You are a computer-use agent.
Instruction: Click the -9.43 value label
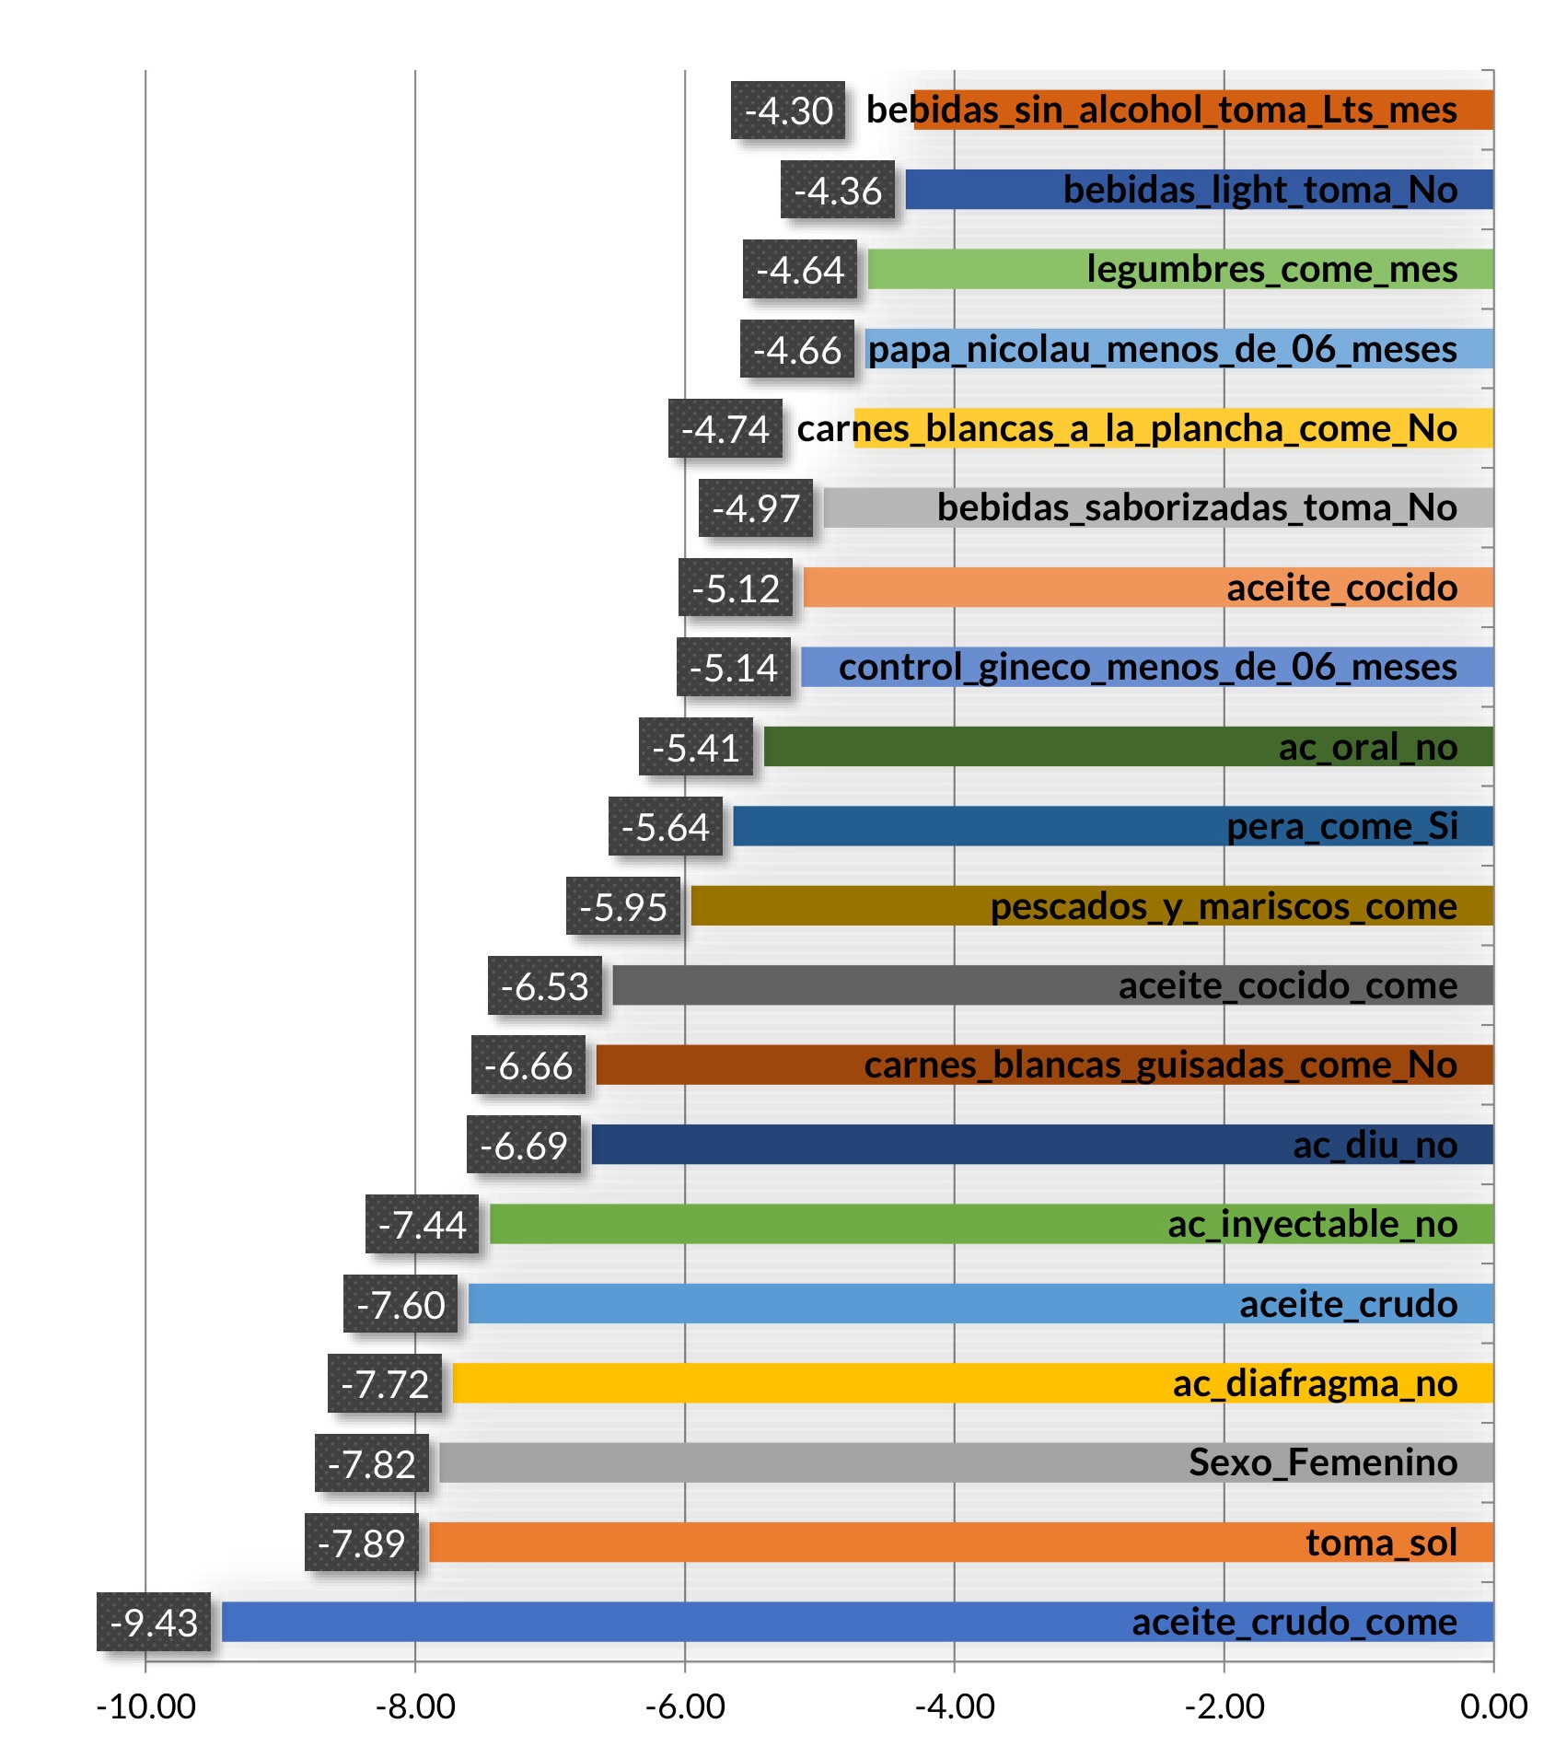(154, 1623)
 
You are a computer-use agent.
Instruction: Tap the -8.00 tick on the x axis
(415, 1706)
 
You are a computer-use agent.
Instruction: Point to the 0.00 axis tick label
(1493, 1706)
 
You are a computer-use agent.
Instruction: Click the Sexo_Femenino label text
(1322, 1462)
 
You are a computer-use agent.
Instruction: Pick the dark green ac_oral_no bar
(1013, 747)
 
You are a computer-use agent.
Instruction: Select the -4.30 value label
(788, 111)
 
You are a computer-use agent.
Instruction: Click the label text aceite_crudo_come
(1294, 1622)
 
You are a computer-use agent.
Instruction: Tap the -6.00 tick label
(685, 1706)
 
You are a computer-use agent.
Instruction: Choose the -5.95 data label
(623, 907)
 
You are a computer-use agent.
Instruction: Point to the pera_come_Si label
(1341, 826)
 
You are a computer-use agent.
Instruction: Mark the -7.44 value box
(423, 1225)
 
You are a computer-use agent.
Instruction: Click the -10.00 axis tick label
(145, 1706)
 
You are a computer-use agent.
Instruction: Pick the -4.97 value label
(756, 508)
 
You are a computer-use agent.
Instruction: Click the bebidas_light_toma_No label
(1259, 190)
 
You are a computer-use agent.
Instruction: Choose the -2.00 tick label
(1224, 1706)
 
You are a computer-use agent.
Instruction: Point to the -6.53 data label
(545, 986)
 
